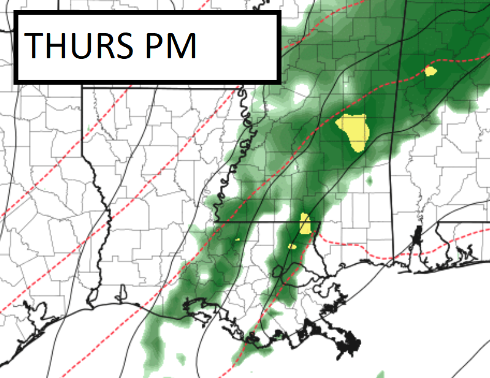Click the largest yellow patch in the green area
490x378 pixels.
click(x=354, y=129)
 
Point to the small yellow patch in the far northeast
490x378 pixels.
click(x=431, y=71)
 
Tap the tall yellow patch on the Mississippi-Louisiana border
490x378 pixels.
click(x=305, y=224)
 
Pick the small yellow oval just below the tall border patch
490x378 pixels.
click(x=292, y=247)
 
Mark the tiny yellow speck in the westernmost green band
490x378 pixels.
click(x=237, y=239)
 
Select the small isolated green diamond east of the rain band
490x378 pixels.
click(x=370, y=182)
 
